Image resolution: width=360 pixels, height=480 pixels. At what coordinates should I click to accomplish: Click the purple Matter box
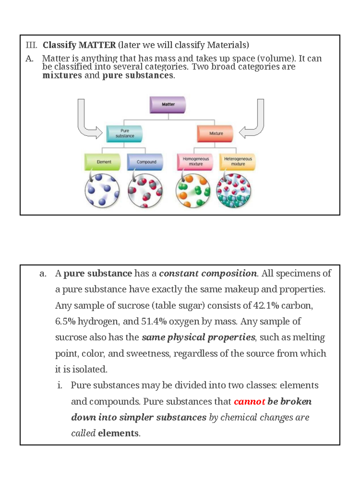[x=168, y=105]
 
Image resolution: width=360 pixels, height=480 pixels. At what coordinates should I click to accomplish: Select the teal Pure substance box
[x=124, y=133]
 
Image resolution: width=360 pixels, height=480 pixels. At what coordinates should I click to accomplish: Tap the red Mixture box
[x=215, y=133]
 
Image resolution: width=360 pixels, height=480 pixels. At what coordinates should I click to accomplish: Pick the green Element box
[x=103, y=162]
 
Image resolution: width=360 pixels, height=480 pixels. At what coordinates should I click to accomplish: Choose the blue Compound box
[x=145, y=162]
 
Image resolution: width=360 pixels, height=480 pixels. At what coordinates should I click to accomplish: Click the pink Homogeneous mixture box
[x=195, y=162]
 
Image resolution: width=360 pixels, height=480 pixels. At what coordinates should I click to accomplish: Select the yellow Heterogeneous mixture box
[x=238, y=162]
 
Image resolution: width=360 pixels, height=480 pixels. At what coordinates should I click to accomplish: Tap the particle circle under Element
[x=102, y=191]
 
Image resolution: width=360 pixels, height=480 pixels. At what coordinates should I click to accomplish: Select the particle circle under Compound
[x=145, y=191]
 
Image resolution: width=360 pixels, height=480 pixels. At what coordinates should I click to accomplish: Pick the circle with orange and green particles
[x=193, y=191]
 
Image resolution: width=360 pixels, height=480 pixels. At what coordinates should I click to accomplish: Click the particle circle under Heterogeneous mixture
[x=233, y=191]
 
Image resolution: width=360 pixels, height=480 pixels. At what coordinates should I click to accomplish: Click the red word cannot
[x=249, y=401]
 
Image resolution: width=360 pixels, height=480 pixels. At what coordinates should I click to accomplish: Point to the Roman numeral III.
[x=31, y=45]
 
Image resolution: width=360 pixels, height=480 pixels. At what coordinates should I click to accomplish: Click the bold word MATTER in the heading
[x=97, y=45]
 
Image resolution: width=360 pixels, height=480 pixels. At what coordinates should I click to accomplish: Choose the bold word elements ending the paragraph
[x=118, y=433]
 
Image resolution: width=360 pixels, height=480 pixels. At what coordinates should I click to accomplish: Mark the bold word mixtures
[x=62, y=75]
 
